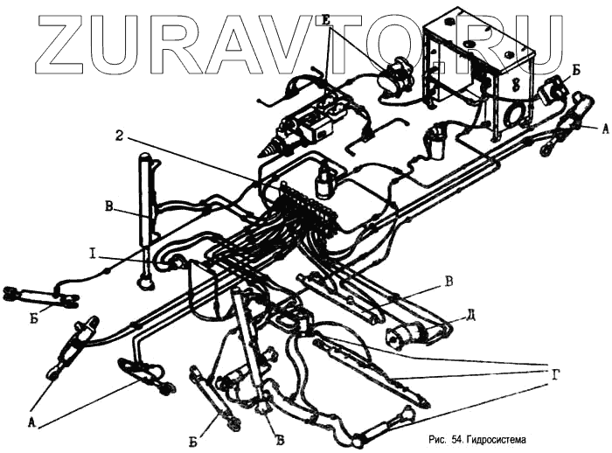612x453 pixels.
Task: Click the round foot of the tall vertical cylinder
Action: click(x=146, y=282)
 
